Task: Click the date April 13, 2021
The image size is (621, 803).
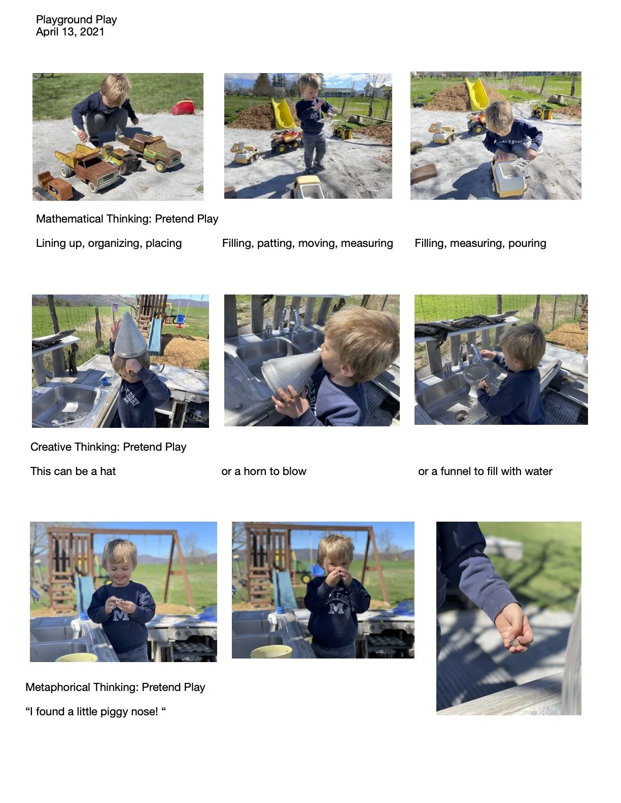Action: click(70, 32)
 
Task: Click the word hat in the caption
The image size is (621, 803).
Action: click(108, 471)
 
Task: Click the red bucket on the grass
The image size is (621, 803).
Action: click(183, 107)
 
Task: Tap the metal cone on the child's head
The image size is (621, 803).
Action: click(130, 336)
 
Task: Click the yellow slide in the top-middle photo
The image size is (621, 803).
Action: click(283, 114)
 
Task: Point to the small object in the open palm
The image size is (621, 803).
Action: click(514, 643)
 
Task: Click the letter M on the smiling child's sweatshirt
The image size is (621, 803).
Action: click(121, 615)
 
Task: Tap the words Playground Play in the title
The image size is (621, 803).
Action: click(76, 20)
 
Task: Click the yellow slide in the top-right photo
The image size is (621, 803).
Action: click(477, 94)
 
